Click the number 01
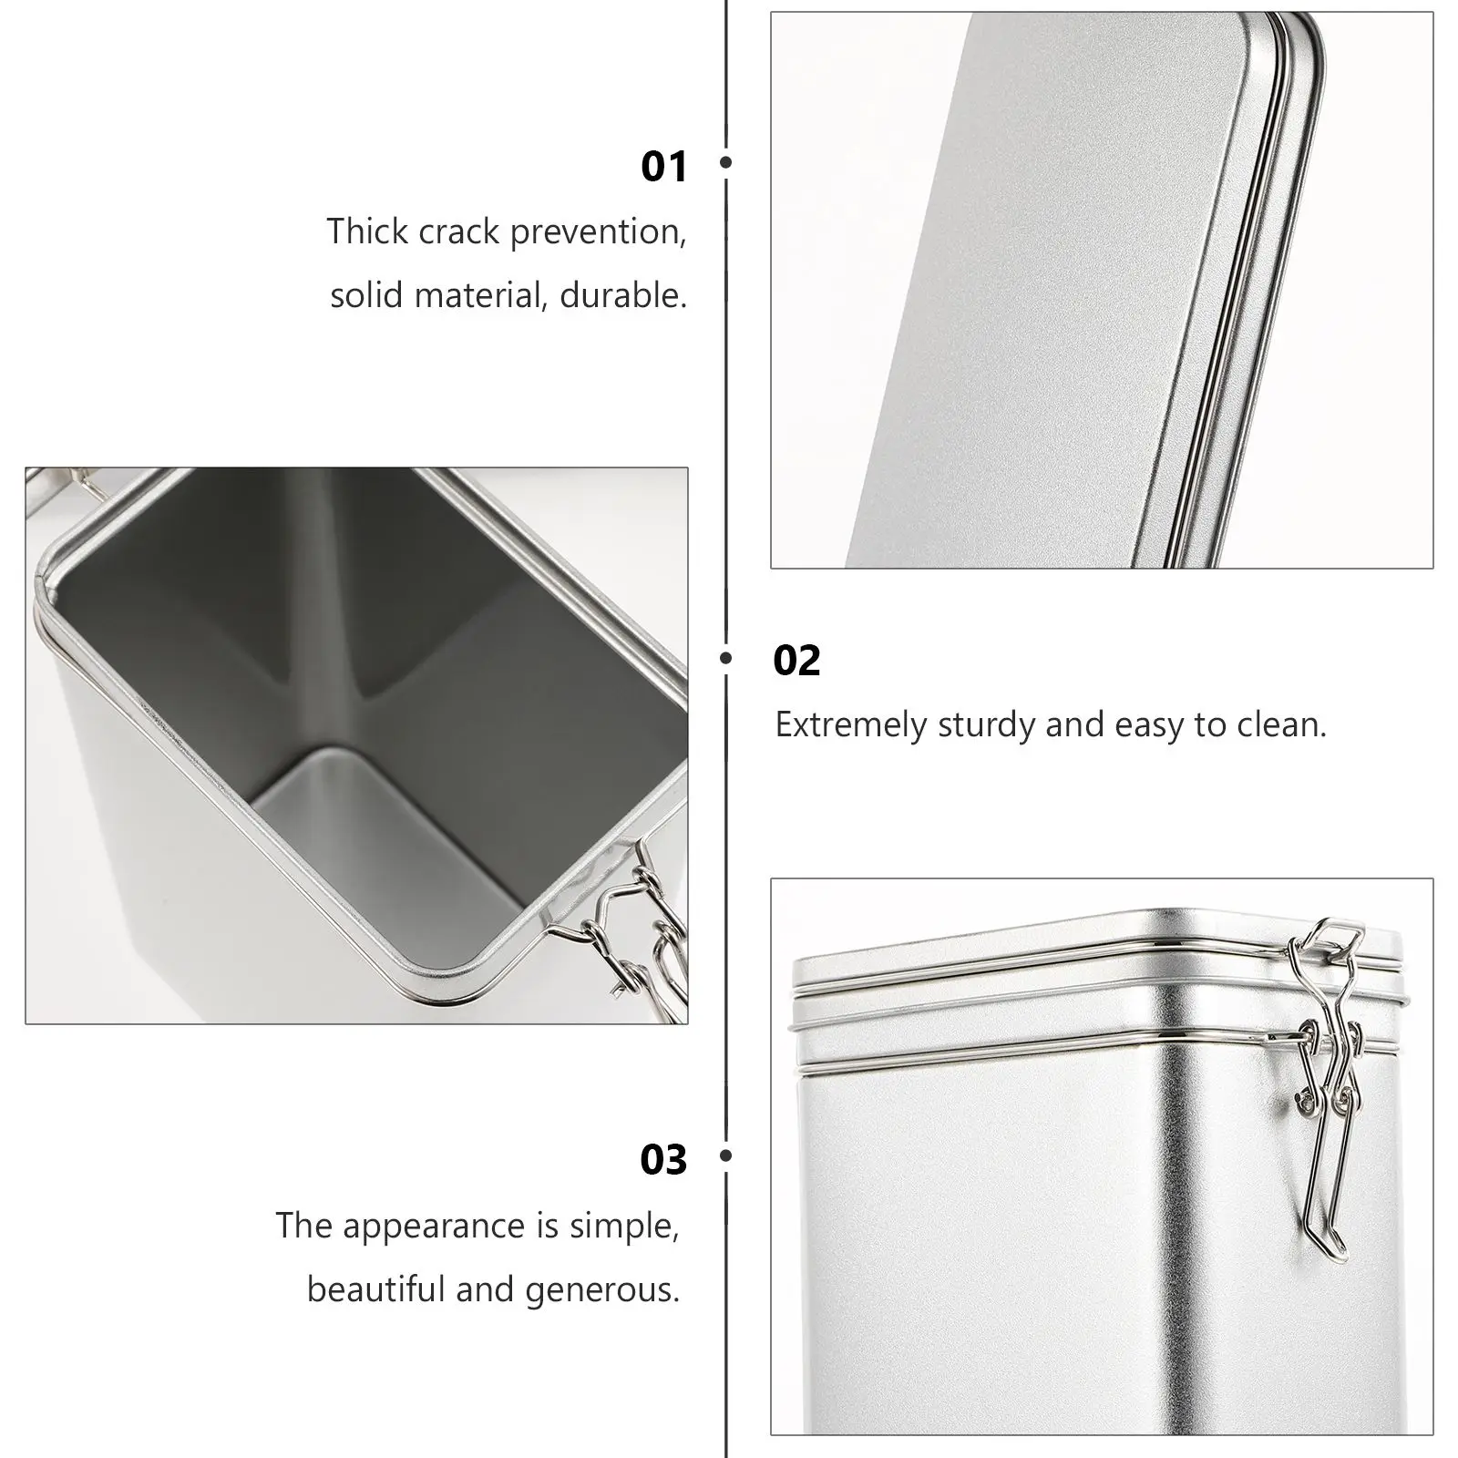click(x=663, y=167)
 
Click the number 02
click(x=796, y=661)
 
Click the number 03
click(x=663, y=1160)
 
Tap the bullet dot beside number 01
click(x=726, y=162)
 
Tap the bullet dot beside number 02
click(x=726, y=657)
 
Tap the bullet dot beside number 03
click(x=726, y=1155)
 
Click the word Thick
click(x=367, y=231)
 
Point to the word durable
click(x=623, y=295)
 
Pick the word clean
click(x=1282, y=725)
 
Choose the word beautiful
click(x=375, y=1289)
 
